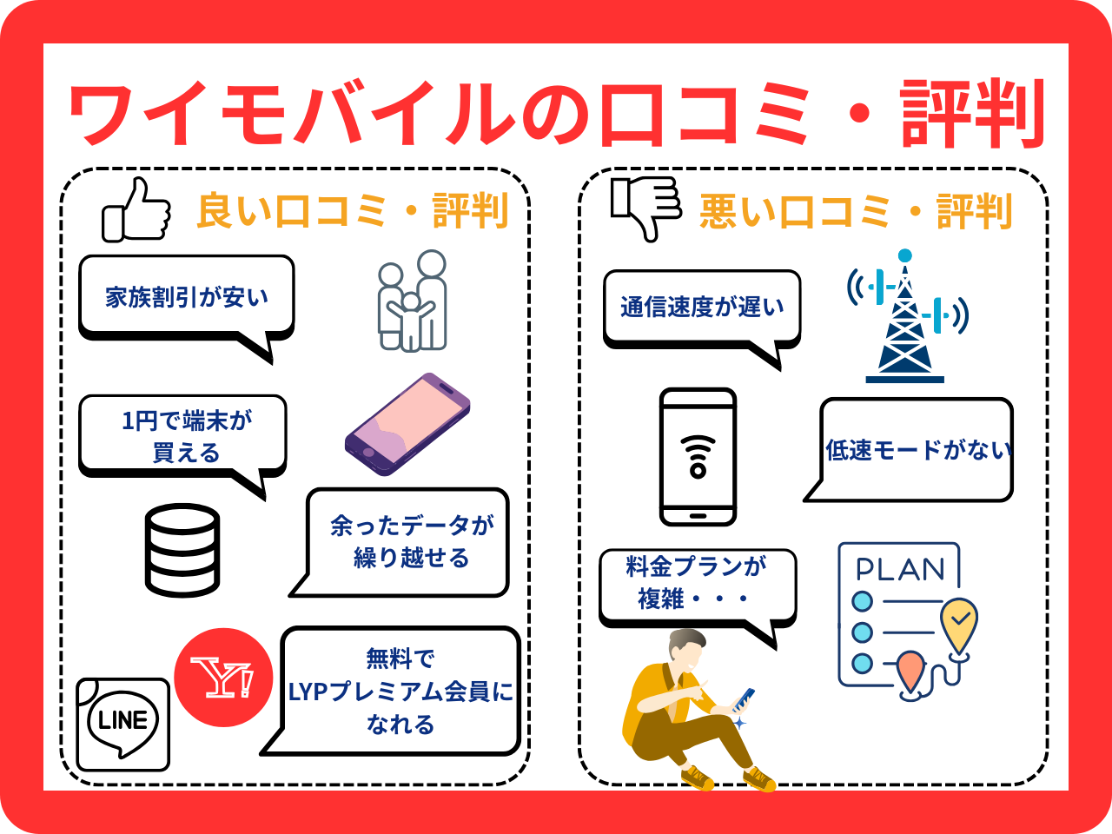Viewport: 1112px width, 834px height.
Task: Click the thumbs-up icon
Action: tap(137, 211)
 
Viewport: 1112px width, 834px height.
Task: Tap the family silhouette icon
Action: tap(412, 301)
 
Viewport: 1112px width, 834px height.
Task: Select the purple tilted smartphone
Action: tap(407, 425)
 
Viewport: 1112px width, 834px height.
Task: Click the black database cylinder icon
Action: tap(182, 550)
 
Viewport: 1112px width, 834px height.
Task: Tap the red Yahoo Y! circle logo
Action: tap(223, 678)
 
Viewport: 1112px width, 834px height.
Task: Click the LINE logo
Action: tap(122, 723)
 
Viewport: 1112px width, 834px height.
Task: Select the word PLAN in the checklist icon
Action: tap(900, 569)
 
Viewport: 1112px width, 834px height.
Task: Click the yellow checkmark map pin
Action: tap(959, 621)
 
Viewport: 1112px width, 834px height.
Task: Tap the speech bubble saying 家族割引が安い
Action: tap(186, 297)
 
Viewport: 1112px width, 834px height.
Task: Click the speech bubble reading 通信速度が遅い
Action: tap(702, 307)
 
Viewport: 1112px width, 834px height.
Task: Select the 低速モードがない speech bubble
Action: tap(917, 449)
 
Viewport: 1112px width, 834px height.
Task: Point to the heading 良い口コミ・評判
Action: tap(352, 211)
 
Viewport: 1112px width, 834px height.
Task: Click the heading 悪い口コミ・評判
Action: tap(855, 211)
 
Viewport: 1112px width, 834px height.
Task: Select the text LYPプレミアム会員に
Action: tap(400, 692)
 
